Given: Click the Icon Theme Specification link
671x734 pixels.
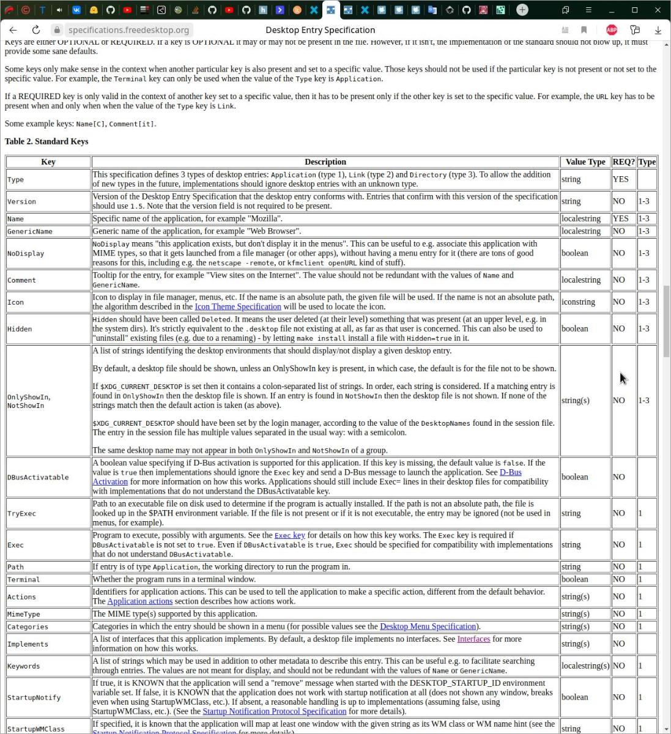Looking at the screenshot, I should click(237, 306).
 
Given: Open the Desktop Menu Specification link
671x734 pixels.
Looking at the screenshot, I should click(428, 626).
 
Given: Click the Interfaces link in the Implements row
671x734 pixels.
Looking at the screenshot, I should click(473, 639).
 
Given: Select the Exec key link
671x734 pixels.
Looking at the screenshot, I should click(289, 535).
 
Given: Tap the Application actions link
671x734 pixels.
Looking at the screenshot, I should click(139, 601).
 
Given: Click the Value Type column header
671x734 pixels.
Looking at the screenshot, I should click(585, 162).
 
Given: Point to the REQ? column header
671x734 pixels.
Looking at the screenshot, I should click(623, 162).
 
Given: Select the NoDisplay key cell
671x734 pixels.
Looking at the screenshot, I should click(26, 253).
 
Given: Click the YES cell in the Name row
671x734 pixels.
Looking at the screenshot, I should click(620, 218).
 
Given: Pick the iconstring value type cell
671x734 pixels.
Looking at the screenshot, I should click(578, 302).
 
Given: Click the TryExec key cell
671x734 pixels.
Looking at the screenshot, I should click(21, 514).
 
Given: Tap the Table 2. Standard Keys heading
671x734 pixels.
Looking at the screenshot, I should click(46, 141).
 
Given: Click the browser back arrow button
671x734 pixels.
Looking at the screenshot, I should click(13, 30).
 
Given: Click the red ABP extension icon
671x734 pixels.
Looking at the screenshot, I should click(611, 30).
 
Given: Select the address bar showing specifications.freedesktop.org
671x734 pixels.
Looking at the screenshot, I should click(128, 30).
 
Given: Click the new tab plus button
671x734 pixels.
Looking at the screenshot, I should click(522, 10).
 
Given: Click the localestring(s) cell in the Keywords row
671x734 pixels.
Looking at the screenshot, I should click(585, 665).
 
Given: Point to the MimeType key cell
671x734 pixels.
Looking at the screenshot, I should click(23, 614).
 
